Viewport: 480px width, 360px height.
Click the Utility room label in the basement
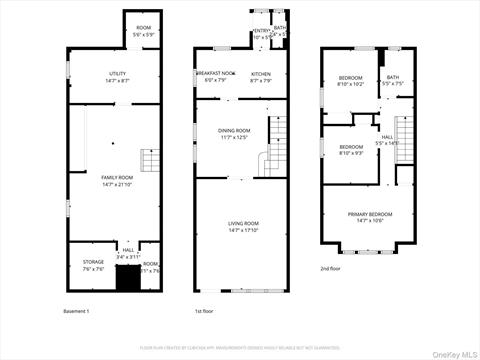118,76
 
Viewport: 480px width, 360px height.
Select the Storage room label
92,265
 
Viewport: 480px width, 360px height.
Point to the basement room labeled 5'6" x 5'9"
144,30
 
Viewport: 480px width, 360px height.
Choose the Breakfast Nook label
215,76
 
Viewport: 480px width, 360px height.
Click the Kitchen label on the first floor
261,76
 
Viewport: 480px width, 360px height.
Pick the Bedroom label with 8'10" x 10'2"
350,81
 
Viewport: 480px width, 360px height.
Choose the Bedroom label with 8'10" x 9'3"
350,150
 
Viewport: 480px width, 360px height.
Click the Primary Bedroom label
370,217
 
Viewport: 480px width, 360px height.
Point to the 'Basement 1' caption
76,311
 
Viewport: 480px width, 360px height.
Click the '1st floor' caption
204,311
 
